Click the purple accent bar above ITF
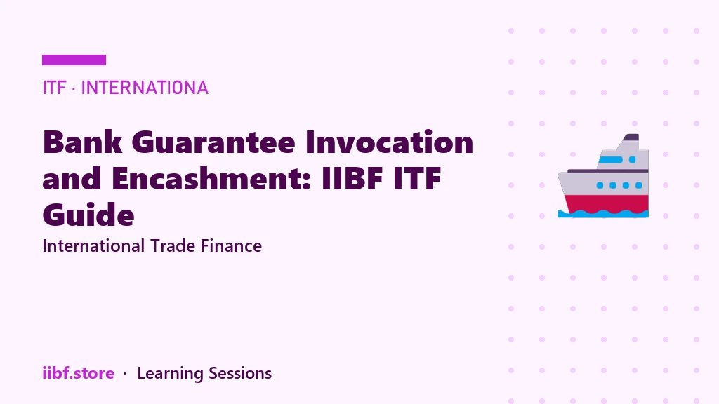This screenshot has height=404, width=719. (x=74, y=60)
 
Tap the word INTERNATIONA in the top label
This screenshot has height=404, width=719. (x=145, y=88)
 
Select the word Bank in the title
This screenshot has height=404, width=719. (x=83, y=142)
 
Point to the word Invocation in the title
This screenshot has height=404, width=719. (x=389, y=142)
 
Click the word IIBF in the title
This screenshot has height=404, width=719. (x=352, y=178)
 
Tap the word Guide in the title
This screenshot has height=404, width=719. (x=88, y=215)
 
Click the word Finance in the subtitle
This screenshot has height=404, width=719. (x=231, y=246)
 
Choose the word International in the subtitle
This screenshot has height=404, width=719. (x=93, y=246)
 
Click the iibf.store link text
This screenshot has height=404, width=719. (x=79, y=373)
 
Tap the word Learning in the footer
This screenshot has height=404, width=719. (x=170, y=374)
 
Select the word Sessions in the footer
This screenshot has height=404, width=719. (x=240, y=373)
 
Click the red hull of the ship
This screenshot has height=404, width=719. (x=606, y=203)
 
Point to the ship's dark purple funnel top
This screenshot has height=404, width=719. (x=631, y=137)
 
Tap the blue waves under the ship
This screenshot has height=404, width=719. (x=603, y=213)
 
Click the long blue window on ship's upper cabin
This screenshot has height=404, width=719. (x=611, y=159)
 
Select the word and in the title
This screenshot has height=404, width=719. (x=72, y=178)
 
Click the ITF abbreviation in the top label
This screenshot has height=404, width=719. (x=54, y=88)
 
